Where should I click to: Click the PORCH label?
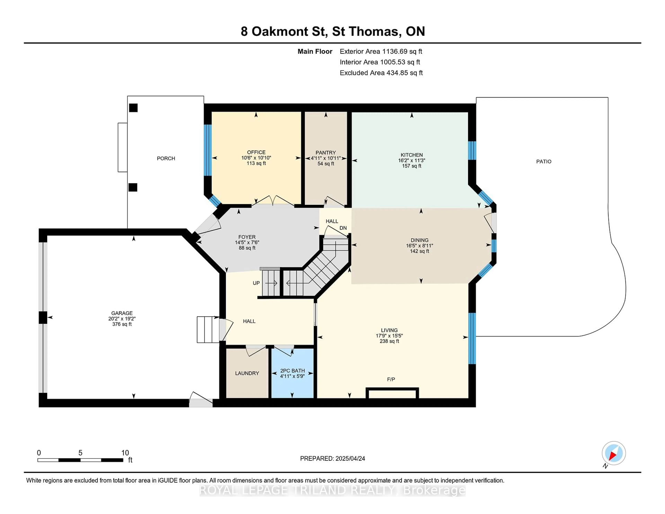tap(166, 158)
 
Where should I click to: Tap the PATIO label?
tap(544, 161)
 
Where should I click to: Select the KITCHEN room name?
tap(412, 155)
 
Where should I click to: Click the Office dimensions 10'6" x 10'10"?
tap(256, 158)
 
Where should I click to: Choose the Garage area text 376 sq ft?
tap(122, 324)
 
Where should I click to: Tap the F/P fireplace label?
tap(391, 379)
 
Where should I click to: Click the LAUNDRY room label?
tap(247, 373)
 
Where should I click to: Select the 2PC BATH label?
tap(292, 371)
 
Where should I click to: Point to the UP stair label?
tap(256, 283)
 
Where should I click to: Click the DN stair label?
tap(343, 228)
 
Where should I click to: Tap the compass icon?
tap(614, 453)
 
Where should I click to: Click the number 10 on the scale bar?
tap(125, 453)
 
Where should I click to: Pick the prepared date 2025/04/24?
tap(350, 459)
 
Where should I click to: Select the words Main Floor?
tap(315, 51)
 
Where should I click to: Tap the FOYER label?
tap(247, 237)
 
